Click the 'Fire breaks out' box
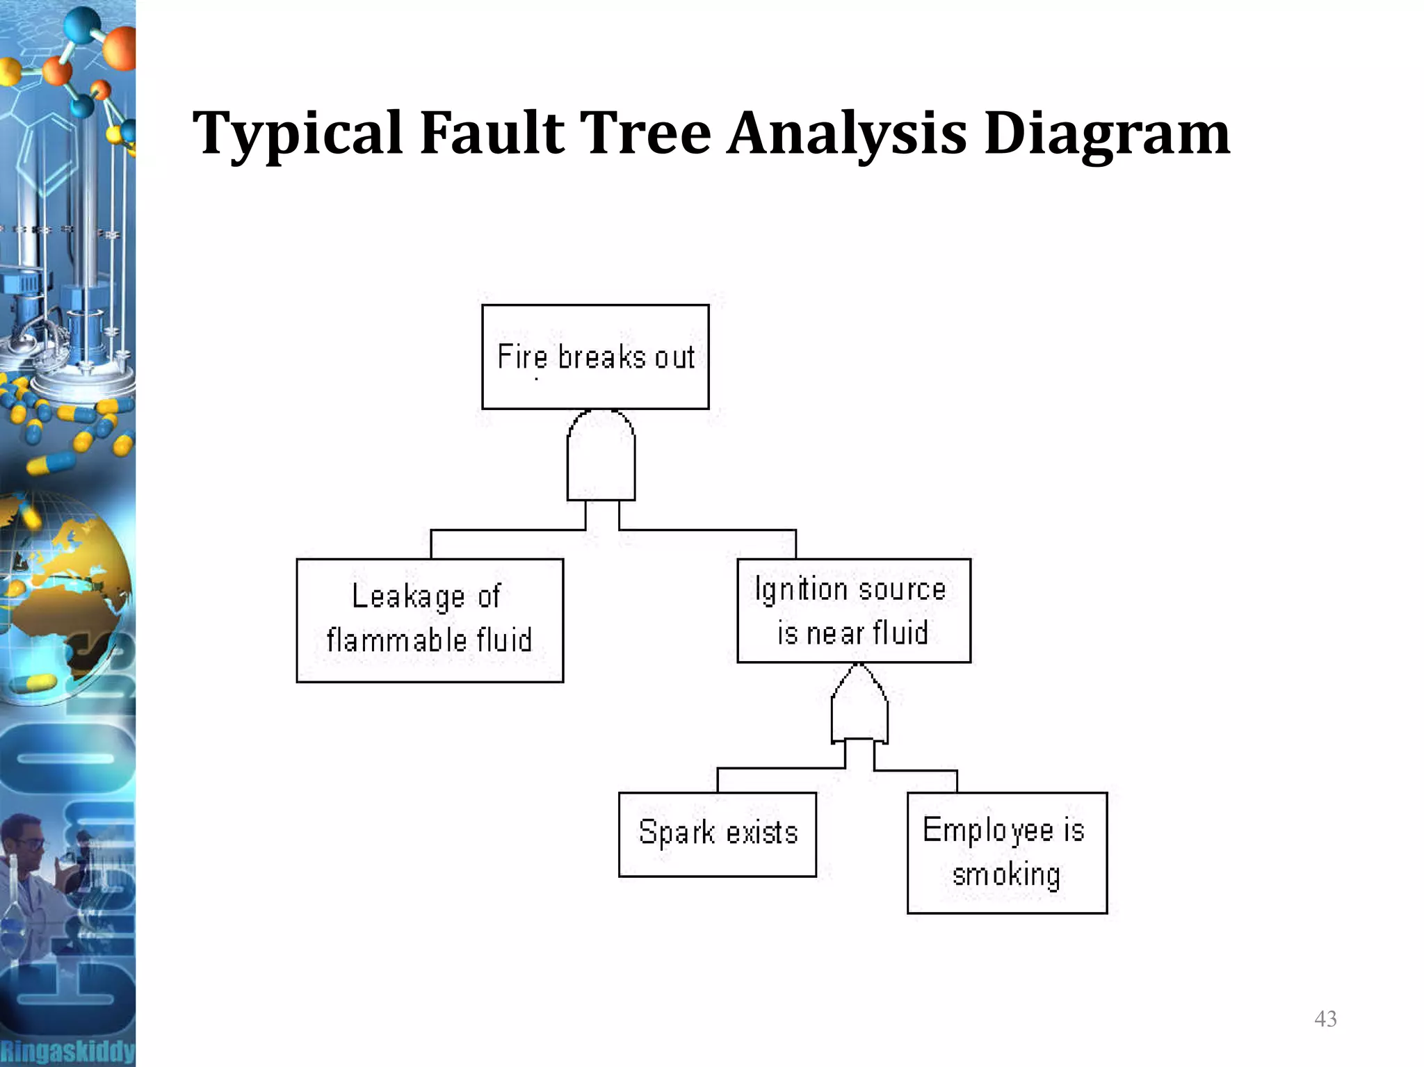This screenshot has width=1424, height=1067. click(x=595, y=357)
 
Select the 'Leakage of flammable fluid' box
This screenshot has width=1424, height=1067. click(x=430, y=620)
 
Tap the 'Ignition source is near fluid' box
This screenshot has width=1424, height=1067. click(x=853, y=610)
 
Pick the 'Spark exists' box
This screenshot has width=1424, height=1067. click(x=717, y=833)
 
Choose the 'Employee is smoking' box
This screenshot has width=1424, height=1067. click(x=1006, y=852)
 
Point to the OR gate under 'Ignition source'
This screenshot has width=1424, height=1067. click(x=859, y=706)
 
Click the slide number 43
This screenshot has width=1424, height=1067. click(x=1325, y=1019)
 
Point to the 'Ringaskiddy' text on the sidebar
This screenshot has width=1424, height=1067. click(x=67, y=1050)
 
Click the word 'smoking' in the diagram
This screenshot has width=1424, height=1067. click(x=1006, y=875)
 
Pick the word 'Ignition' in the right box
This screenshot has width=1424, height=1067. click(x=800, y=589)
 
